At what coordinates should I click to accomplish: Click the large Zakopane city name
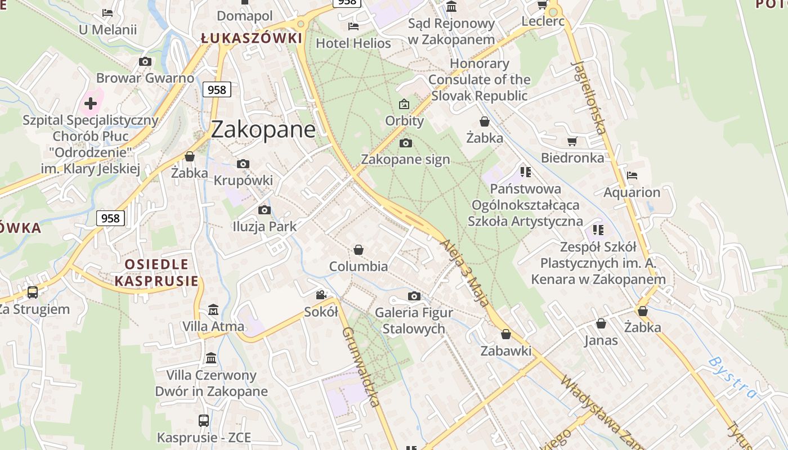(x=263, y=129)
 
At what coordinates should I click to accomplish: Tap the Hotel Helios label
(x=353, y=43)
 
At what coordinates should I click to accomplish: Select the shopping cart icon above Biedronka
(x=572, y=141)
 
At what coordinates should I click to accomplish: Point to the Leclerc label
(x=543, y=21)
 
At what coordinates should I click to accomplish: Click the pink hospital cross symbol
(x=90, y=103)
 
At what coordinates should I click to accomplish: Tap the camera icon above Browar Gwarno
(x=145, y=61)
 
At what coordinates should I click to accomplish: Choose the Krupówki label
(x=243, y=181)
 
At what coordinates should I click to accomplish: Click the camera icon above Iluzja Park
(x=264, y=210)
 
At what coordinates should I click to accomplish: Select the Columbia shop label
(x=359, y=266)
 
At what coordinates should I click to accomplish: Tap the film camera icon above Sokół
(x=321, y=295)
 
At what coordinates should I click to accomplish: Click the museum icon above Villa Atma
(x=213, y=310)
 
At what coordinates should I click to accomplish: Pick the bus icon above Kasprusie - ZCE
(x=203, y=420)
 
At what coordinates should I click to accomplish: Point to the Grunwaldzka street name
(x=361, y=366)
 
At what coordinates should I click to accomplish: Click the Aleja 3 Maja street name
(x=465, y=272)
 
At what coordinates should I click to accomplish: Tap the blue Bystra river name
(x=732, y=377)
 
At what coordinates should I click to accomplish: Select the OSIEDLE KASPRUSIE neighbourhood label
(x=156, y=273)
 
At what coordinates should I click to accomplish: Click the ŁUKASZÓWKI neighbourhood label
(x=252, y=38)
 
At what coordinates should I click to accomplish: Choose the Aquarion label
(x=632, y=192)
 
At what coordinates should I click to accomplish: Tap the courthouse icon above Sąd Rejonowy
(x=451, y=6)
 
